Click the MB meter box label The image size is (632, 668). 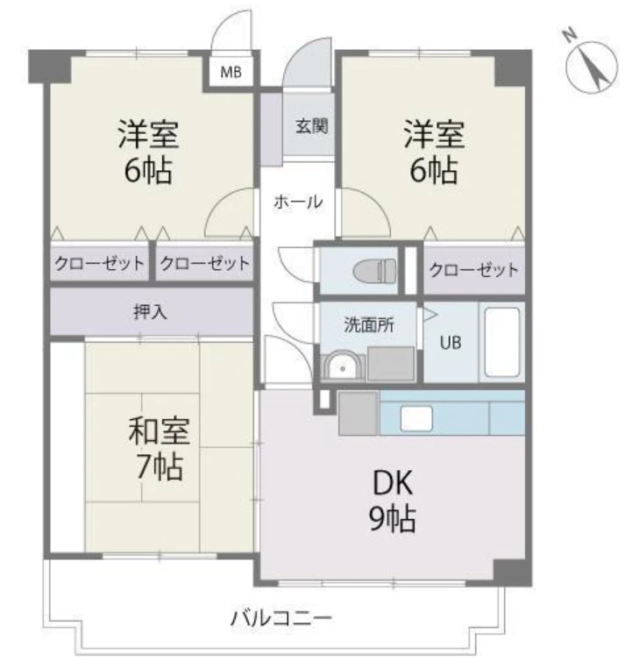pyautogui.click(x=231, y=73)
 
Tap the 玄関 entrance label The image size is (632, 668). pyautogui.click(x=311, y=126)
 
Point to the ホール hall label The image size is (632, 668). pyautogui.click(x=298, y=202)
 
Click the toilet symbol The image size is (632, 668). pyautogui.click(x=375, y=271)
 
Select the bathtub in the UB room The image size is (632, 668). pyautogui.click(x=502, y=342)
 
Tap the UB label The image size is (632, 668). pyautogui.click(x=451, y=343)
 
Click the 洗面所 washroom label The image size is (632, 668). pyautogui.click(x=369, y=325)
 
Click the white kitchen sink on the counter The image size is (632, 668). pyautogui.click(x=416, y=418)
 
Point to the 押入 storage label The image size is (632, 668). pyautogui.click(x=150, y=312)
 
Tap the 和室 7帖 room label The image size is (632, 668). pyautogui.click(x=159, y=449)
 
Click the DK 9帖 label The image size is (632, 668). pyautogui.click(x=392, y=501)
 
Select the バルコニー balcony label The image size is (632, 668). pyautogui.click(x=281, y=618)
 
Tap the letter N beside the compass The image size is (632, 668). pyautogui.click(x=569, y=36)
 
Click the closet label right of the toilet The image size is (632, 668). pyautogui.click(x=473, y=270)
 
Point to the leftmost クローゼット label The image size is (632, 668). pyautogui.click(x=99, y=263)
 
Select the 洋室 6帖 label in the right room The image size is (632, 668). pyautogui.click(x=434, y=152)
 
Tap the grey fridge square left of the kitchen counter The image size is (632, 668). pyautogui.click(x=358, y=413)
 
